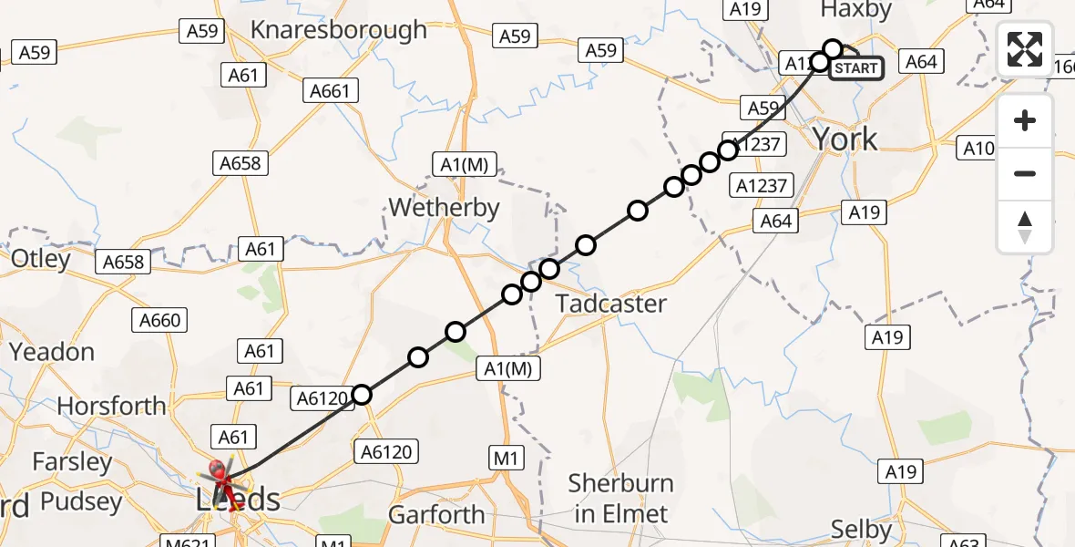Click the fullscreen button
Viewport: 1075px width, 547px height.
(1025, 49)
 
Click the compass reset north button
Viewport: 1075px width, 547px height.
(1025, 227)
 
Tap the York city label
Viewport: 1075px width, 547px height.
(845, 139)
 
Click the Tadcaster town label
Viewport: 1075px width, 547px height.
(611, 304)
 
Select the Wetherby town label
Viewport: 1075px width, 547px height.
(444, 207)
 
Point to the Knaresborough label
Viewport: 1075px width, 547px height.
(338, 29)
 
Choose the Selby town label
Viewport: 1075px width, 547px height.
(862, 529)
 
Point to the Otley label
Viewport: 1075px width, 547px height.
(40, 259)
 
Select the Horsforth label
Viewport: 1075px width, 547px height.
(112, 405)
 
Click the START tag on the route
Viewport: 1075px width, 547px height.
(855, 68)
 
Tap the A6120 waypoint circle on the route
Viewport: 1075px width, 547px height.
(362, 395)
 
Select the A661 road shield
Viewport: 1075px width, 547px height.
(330, 91)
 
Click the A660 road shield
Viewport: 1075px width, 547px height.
(160, 320)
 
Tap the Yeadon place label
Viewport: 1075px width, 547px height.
(51, 351)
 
